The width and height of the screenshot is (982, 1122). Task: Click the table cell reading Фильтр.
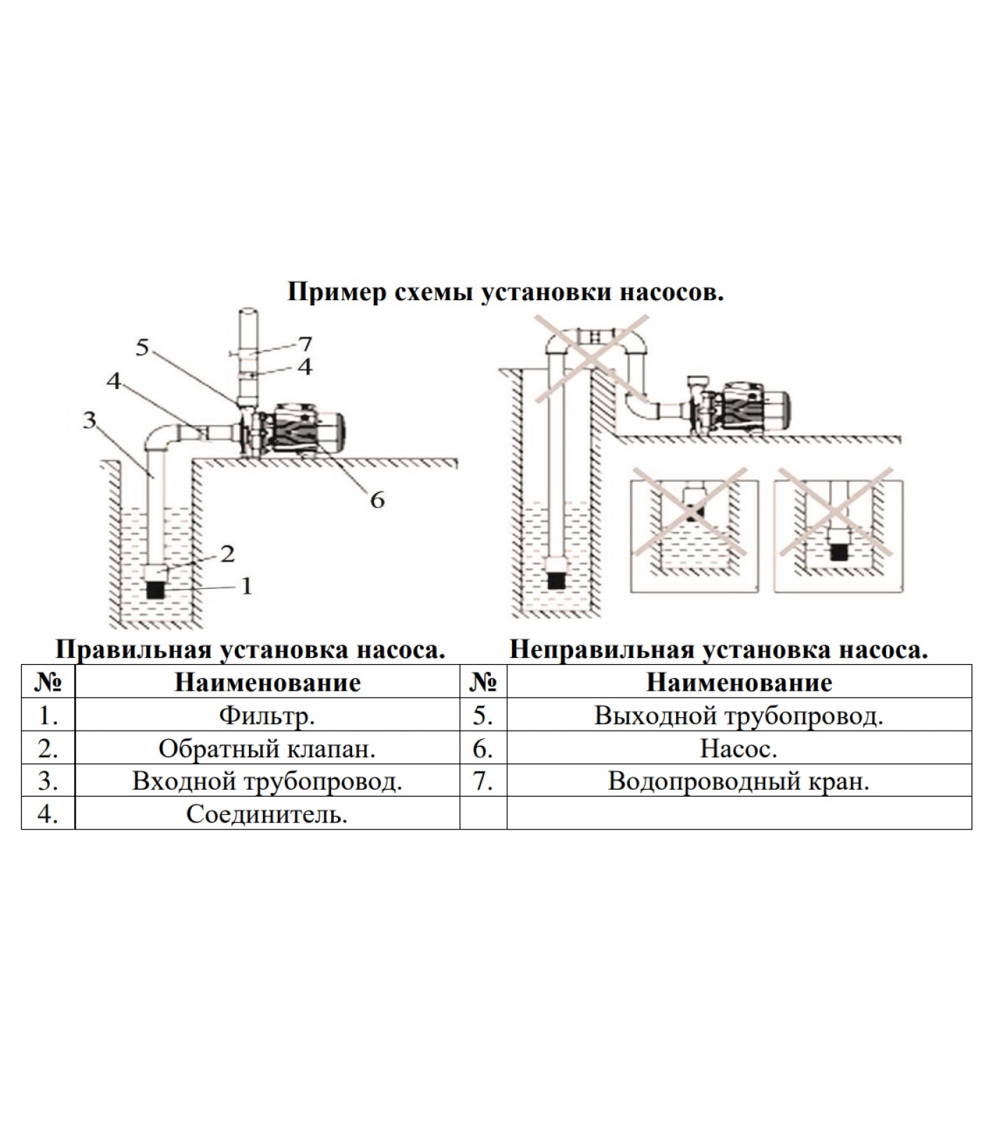pyautogui.click(x=267, y=716)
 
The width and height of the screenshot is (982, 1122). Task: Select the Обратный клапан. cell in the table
pyautogui.click(x=267, y=749)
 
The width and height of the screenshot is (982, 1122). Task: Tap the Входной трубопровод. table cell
pyautogui.click(x=267, y=781)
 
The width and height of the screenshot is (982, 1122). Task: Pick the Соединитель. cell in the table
pyautogui.click(x=267, y=814)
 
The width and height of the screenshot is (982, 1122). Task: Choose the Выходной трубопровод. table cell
pyautogui.click(x=739, y=716)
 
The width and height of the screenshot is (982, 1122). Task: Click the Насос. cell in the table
pyautogui.click(x=739, y=749)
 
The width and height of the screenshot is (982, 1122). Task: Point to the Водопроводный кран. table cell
pyautogui.click(x=739, y=781)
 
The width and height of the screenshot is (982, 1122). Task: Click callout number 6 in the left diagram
pyautogui.click(x=377, y=500)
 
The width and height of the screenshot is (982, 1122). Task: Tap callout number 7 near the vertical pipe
pyautogui.click(x=304, y=344)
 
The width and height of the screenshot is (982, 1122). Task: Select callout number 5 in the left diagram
pyautogui.click(x=142, y=347)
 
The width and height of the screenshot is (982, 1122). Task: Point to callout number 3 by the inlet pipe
pyautogui.click(x=89, y=420)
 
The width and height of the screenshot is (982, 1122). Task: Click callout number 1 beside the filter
pyautogui.click(x=246, y=586)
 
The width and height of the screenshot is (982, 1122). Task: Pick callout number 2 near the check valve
pyautogui.click(x=227, y=554)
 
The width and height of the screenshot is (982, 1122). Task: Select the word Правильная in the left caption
pyautogui.click(x=133, y=650)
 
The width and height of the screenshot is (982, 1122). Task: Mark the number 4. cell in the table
pyautogui.click(x=48, y=814)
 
